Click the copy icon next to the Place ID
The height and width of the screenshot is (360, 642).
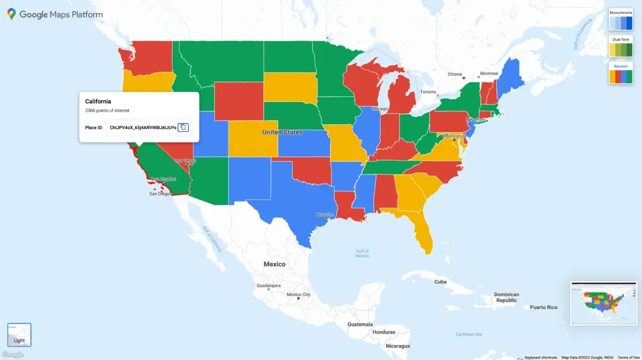coord(183,127)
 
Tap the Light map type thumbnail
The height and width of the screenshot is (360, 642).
coord(20,335)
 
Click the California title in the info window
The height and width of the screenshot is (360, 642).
coord(98,101)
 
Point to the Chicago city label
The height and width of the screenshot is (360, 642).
coord(380,109)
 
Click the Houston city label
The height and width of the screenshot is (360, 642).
coord(325,215)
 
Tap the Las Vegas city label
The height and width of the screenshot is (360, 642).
coord(186,160)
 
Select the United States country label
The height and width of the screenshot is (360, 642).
coord(282,132)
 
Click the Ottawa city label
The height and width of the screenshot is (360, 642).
coord(455,74)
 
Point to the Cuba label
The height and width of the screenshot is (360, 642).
coord(440,282)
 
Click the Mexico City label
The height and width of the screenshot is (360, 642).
coord(298,295)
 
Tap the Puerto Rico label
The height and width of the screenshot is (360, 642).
coord(544,307)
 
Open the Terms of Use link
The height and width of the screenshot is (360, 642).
coord(628,357)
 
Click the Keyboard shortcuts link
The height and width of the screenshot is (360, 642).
coord(541,357)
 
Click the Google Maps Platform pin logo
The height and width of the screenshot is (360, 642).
coord(12,15)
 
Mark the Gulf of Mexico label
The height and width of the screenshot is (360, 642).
coord(362,253)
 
